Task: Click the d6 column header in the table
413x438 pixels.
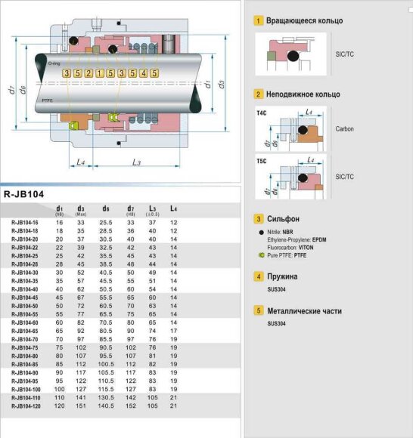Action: (x=106, y=208)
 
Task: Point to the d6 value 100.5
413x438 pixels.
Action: (x=106, y=364)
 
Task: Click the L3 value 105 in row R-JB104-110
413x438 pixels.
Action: (x=152, y=397)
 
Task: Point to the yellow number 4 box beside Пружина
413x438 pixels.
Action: (x=259, y=276)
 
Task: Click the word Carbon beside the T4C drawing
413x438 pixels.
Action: (x=344, y=128)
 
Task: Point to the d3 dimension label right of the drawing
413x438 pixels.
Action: (x=220, y=85)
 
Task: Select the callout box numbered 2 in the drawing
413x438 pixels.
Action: (x=88, y=72)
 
